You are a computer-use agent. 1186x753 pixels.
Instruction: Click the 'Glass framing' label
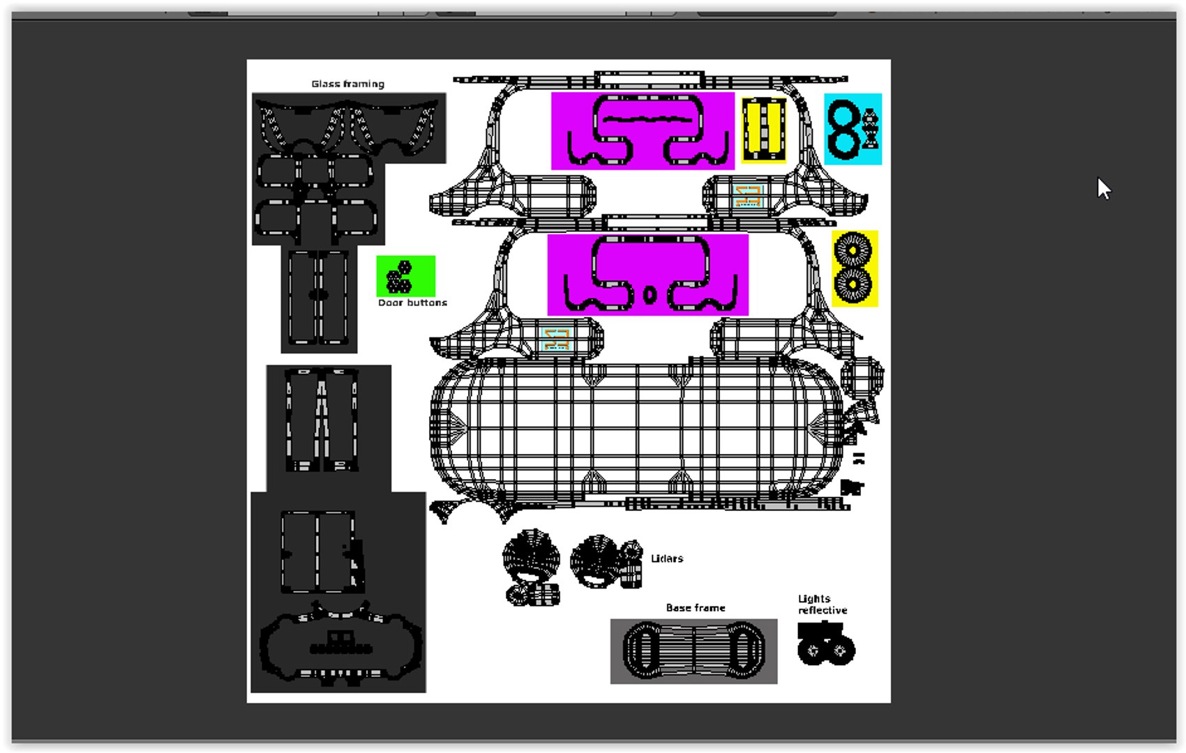(x=348, y=84)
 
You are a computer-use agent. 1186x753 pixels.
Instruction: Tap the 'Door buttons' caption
(x=412, y=303)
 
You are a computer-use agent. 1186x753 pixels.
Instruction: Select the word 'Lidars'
(x=667, y=558)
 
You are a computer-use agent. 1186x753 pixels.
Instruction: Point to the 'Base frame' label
(x=695, y=608)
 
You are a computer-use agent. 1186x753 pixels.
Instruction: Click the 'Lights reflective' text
(x=823, y=604)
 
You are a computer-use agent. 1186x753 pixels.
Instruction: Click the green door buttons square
(x=406, y=276)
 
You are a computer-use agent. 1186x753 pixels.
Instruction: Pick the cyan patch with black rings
(x=853, y=129)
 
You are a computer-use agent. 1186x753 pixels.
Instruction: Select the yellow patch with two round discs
(x=855, y=269)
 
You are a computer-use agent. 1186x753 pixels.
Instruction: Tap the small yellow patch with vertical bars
(x=763, y=130)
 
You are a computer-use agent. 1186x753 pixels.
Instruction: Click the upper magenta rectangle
(x=643, y=131)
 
